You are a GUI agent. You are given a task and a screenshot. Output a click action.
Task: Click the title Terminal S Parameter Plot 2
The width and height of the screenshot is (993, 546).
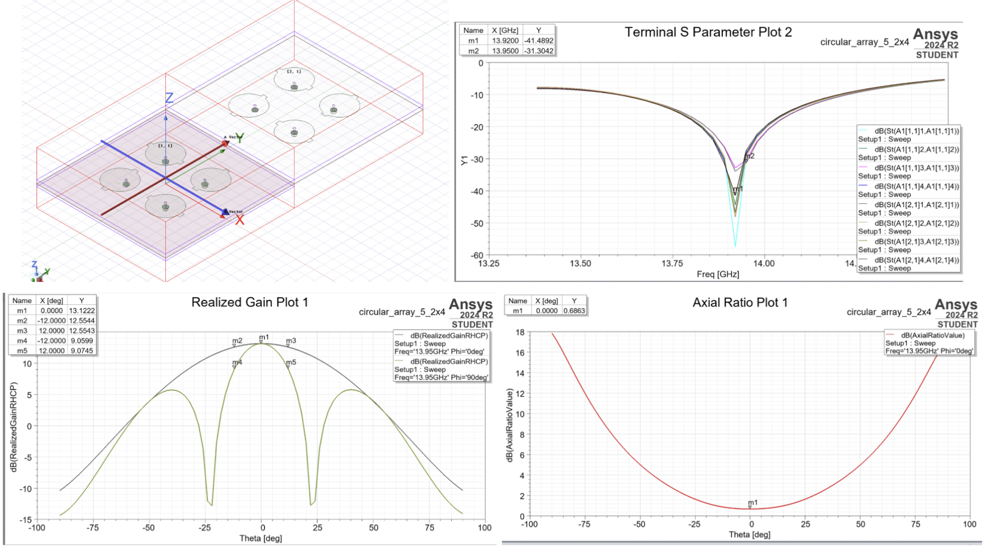coord(708,32)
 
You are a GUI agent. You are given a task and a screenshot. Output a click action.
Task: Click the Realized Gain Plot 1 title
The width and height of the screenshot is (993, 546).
coord(250,302)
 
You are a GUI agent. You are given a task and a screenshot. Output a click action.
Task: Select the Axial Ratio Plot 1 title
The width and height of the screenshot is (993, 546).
coord(740,303)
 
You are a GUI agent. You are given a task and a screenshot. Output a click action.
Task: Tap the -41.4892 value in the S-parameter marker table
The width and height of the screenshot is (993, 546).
coord(538,41)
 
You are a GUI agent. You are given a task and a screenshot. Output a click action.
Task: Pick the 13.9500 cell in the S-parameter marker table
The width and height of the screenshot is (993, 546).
coord(505,51)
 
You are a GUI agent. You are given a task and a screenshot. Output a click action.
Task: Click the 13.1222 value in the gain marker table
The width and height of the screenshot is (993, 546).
coord(81,311)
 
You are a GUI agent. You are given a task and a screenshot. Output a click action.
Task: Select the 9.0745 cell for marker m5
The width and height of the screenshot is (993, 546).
coord(81,350)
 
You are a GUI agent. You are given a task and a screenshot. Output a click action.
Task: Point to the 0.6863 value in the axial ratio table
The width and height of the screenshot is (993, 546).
coord(574,311)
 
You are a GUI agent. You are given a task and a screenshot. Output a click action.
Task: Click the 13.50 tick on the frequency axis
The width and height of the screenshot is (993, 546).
coord(580,264)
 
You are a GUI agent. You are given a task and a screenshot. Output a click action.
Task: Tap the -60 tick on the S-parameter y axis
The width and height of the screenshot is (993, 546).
coord(477,255)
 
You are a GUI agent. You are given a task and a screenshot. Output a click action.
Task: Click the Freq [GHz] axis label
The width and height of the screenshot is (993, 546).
coord(718,274)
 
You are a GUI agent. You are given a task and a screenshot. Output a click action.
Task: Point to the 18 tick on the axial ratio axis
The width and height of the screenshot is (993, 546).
coord(520,332)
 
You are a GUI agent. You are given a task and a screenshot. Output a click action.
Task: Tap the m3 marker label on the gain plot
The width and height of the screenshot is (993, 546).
coord(291,341)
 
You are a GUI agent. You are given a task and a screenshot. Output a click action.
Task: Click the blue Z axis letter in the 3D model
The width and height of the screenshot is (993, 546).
coord(169,98)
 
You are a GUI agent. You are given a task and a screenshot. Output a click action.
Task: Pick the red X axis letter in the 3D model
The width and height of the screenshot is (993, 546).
coord(240,220)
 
